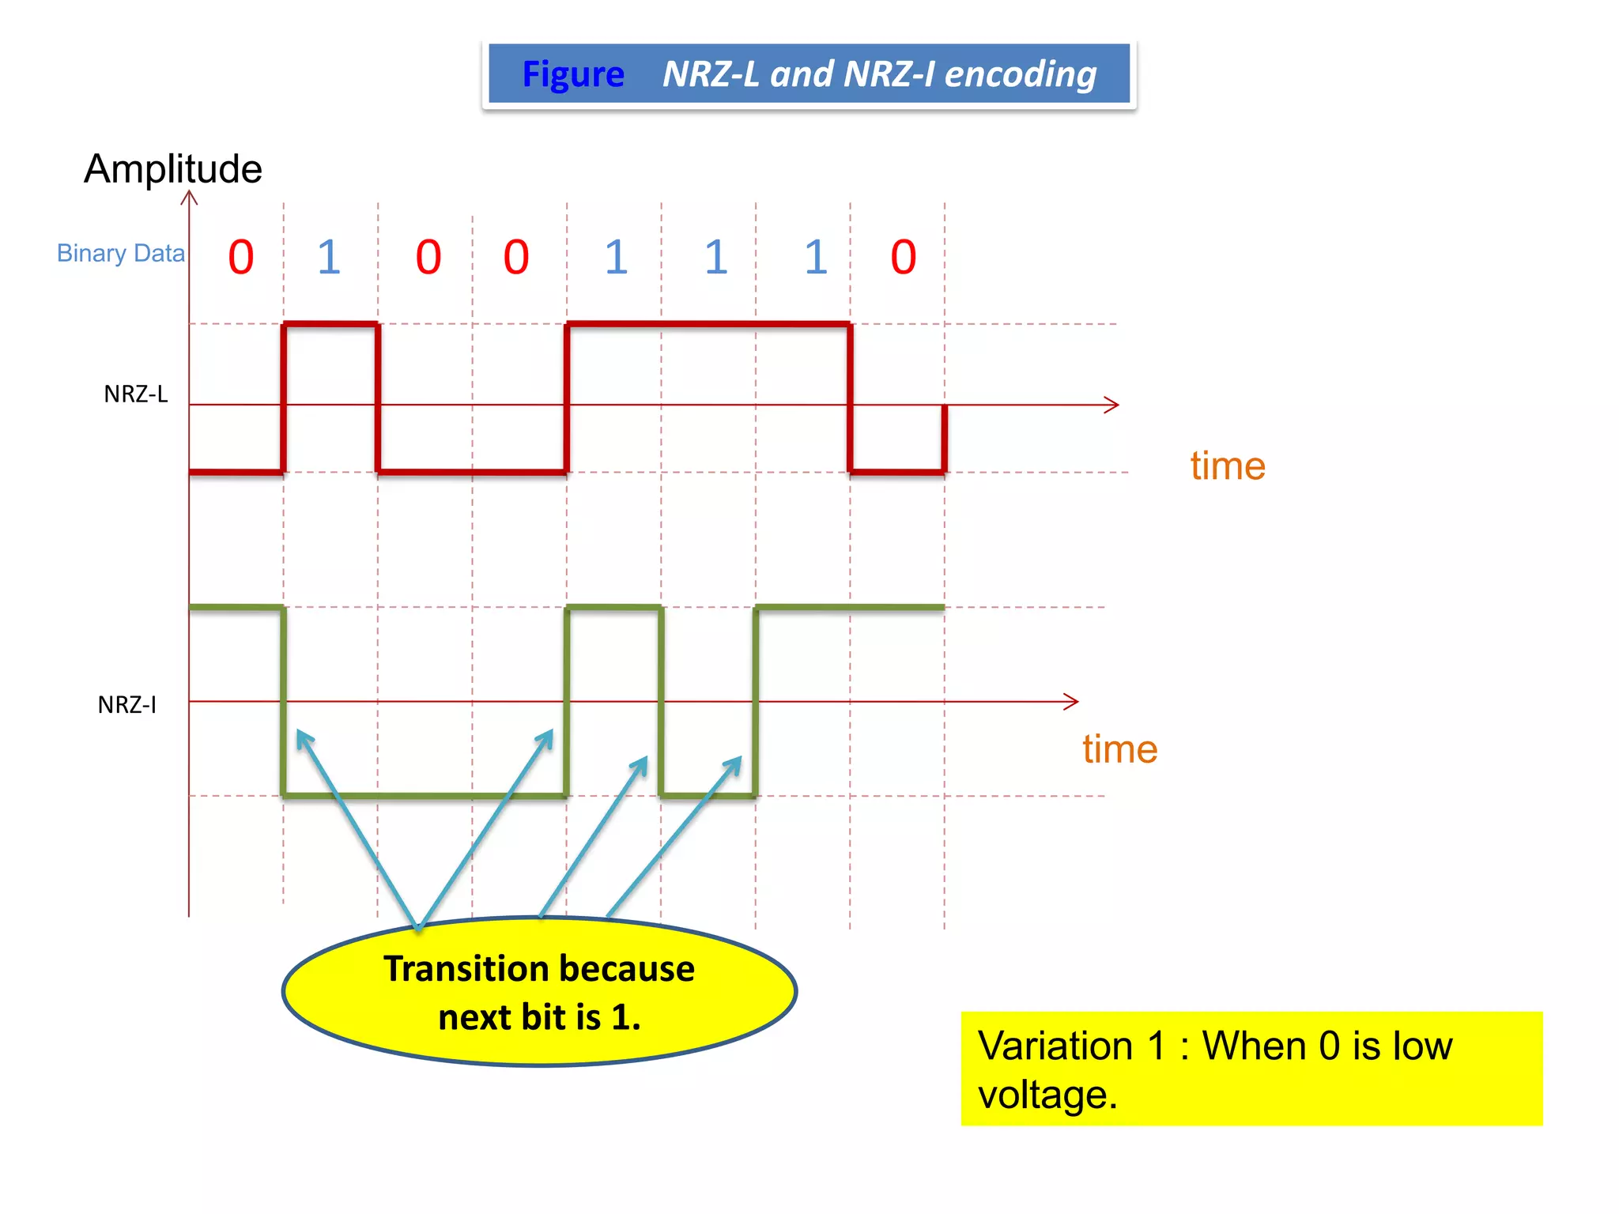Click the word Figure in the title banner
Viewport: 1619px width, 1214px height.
coord(573,75)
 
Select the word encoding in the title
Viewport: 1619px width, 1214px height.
coord(1021,75)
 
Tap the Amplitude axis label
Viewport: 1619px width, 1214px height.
coord(173,169)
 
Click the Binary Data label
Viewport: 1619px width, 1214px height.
coord(121,253)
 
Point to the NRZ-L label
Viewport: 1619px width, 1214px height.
coord(136,394)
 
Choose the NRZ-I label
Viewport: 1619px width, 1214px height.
coord(127,704)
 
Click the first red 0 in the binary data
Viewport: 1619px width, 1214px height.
coord(241,258)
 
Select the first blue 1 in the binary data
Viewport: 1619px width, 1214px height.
coord(329,258)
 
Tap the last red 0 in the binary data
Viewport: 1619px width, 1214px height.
coord(904,258)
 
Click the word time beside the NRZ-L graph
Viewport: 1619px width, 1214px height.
coord(1228,466)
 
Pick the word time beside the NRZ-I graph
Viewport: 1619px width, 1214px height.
coord(1120,748)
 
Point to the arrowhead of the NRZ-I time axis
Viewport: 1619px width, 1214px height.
coord(1073,701)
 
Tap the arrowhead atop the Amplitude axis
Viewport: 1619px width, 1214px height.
coord(189,196)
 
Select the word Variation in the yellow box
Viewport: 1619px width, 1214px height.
coord(1055,1046)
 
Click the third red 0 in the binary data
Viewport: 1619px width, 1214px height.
coord(516,258)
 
